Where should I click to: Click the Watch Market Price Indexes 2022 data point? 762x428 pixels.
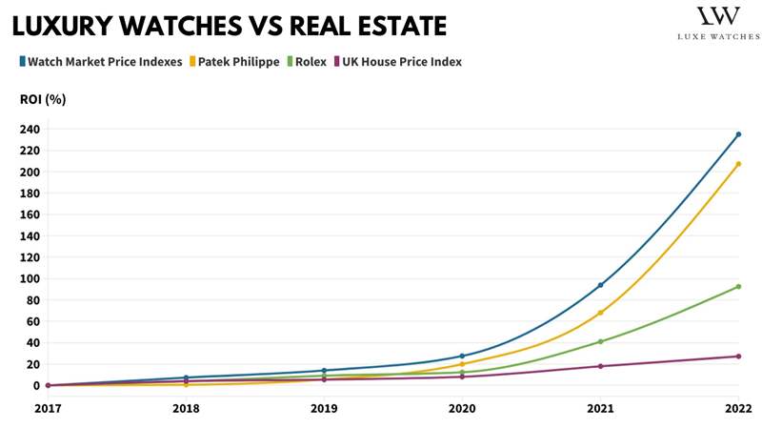[x=738, y=134]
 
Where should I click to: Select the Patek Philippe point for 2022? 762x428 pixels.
[x=738, y=164]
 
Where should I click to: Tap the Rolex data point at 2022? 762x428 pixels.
[x=738, y=287]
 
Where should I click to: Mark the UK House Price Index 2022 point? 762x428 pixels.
[x=738, y=357]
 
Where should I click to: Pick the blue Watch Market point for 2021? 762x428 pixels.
[x=600, y=285]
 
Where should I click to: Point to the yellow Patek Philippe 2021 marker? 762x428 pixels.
[x=600, y=313]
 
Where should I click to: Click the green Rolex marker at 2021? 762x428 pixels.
[x=600, y=341]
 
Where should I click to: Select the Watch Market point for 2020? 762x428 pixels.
[x=462, y=356]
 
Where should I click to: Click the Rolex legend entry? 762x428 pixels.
[x=310, y=62]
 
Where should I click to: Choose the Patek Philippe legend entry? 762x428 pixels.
[x=238, y=62]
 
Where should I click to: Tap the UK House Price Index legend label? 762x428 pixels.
[x=400, y=62]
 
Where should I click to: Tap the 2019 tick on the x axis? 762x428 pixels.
[x=324, y=408]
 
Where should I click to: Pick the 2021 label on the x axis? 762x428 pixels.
[x=600, y=408]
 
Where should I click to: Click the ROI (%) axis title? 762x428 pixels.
[x=43, y=98]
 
